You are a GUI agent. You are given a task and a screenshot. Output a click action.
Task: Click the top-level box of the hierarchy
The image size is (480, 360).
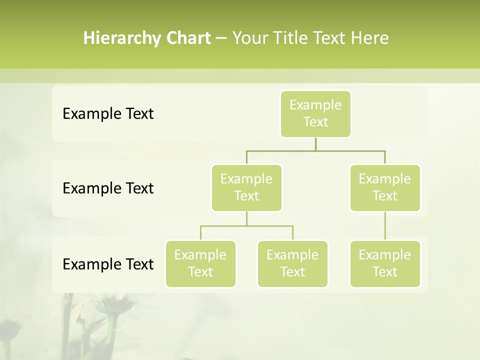315,113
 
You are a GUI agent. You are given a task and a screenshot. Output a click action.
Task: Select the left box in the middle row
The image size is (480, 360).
246,187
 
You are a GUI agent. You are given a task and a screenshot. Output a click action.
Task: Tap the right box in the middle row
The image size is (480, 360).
385,187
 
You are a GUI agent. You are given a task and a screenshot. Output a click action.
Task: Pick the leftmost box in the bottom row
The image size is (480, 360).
200,263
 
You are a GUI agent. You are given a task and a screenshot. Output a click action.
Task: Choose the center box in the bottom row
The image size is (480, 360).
292,263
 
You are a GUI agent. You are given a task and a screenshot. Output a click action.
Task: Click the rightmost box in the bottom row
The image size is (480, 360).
385,263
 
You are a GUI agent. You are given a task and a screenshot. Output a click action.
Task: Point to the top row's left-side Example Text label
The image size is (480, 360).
108,114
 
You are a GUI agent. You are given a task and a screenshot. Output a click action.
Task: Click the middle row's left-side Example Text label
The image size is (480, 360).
108,188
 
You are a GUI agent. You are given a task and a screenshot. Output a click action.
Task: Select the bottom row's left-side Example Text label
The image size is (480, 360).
108,264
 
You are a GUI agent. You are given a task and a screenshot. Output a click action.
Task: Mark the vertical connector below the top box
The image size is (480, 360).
315,144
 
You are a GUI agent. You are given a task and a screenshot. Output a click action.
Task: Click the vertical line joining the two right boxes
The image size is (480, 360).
385,226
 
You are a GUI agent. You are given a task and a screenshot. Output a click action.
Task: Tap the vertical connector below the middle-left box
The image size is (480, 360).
246,218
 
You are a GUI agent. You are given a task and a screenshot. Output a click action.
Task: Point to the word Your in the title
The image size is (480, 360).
250,38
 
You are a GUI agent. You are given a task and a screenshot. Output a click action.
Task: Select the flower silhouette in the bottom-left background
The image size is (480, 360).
95,320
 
